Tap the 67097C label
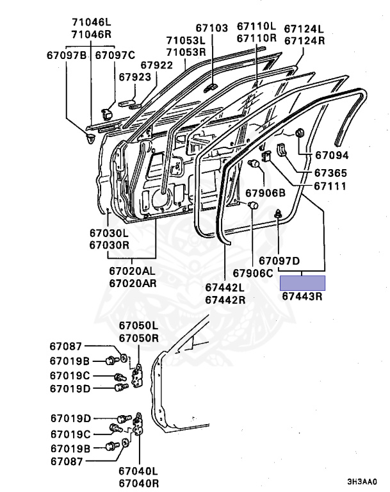(115, 56)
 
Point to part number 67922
(157, 65)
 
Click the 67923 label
(134, 77)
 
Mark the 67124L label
(304, 29)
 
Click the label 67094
(331, 156)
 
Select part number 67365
(331, 174)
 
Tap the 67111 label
(330, 186)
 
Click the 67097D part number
(280, 261)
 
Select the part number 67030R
(109, 245)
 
